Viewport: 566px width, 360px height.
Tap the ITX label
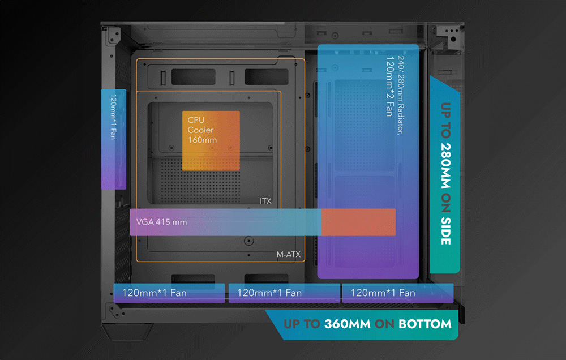pyautogui.click(x=265, y=201)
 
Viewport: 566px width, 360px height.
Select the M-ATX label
pyautogui.click(x=288, y=255)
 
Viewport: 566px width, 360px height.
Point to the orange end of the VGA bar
pyautogui.click(x=358, y=221)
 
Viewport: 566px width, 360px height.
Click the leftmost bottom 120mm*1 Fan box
pyautogui.click(x=170, y=293)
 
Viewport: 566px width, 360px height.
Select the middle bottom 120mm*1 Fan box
pyautogui.click(x=284, y=293)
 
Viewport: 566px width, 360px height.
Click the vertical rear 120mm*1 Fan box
pyautogui.click(x=113, y=139)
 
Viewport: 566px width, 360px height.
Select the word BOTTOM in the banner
pyautogui.click(x=424, y=324)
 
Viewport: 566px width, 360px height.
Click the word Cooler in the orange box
pyautogui.click(x=201, y=130)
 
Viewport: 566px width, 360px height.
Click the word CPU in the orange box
pyautogui.click(x=196, y=121)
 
